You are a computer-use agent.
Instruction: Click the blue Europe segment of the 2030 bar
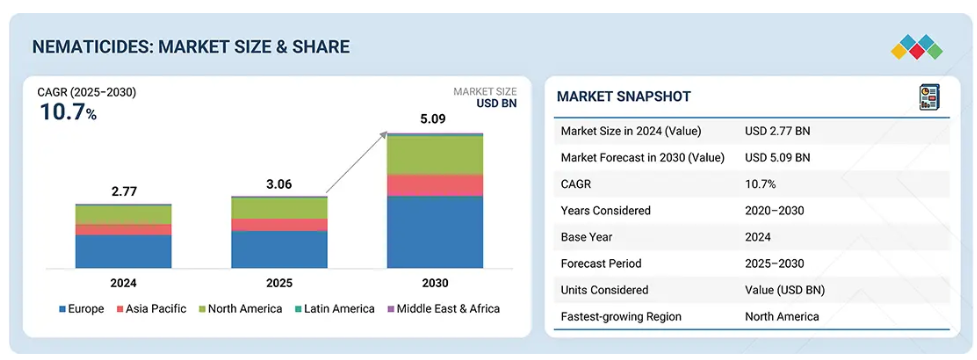[435, 232]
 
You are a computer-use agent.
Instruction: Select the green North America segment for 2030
[435, 155]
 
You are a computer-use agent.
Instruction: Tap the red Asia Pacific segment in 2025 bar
[279, 225]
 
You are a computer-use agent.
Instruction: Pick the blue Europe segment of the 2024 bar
[123, 252]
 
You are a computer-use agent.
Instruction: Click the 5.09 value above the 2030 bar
[433, 118]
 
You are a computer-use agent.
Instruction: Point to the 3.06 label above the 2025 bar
[279, 184]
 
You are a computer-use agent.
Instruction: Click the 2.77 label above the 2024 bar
[123, 192]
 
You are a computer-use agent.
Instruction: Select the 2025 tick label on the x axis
[279, 283]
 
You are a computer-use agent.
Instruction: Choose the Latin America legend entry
[334, 309]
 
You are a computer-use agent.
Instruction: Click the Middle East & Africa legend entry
[443, 309]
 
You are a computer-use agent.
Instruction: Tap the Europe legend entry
[82, 309]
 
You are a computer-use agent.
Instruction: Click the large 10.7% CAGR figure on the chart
[68, 113]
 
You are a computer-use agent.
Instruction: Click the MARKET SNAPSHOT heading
[624, 97]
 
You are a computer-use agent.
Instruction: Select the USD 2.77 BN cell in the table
[778, 131]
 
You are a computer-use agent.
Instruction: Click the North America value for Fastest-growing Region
[782, 317]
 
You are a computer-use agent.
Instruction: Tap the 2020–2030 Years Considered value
[774, 211]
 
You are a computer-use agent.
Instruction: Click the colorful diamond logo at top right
[917, 47]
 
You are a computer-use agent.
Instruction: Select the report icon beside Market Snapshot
[930, 98]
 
